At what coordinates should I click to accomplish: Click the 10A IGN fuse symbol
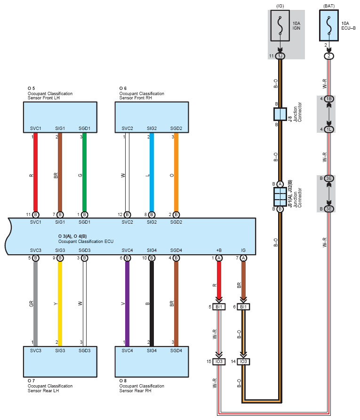280,26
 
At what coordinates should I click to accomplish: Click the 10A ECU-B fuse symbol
328,26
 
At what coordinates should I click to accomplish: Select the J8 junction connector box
280,114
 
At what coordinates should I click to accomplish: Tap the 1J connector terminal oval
280,56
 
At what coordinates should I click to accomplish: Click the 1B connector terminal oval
329,99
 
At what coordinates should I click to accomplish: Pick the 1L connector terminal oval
329,129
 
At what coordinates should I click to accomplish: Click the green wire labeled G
84,172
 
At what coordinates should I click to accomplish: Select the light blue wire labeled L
152,172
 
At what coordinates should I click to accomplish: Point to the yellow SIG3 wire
60,304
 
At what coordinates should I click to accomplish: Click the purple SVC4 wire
127,304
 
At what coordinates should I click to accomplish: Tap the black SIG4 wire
152,304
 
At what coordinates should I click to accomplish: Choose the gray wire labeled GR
36,304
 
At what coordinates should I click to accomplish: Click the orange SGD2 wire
176,172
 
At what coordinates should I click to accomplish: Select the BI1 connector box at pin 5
219,307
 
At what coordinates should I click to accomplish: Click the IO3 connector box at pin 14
243,362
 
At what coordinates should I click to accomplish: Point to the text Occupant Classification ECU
86,242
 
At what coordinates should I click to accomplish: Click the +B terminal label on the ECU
219,250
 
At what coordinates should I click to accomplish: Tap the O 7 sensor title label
31,380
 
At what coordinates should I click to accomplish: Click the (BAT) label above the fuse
329,6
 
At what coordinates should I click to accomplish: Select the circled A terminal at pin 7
243,258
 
